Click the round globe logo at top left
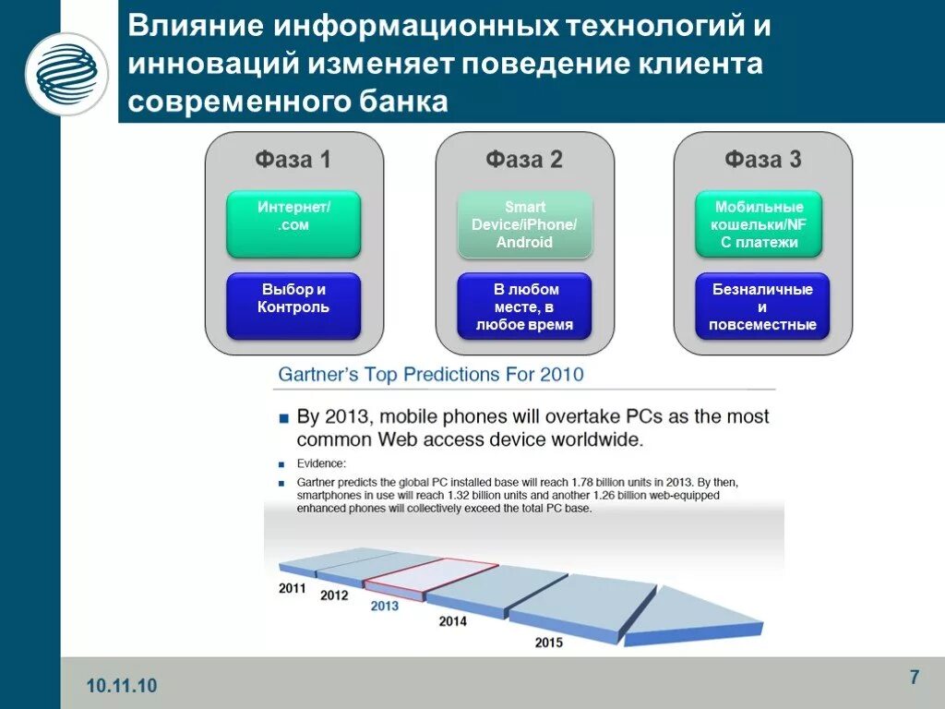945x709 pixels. tap(66, 74)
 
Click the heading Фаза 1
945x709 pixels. tap(293, 160)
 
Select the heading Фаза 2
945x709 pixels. tap(524, 160)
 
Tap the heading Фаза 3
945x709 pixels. tap(762, 160)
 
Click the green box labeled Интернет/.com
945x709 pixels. tap(293, 224)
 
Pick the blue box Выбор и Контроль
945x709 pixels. tap(293, 306)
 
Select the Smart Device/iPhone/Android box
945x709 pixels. tap(524, 224)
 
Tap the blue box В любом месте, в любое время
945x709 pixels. tap(524, 306)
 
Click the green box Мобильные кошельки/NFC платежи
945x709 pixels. tap(759, 224)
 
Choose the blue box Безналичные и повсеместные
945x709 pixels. tap(762, 306)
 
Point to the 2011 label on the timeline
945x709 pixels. tap(293, 587)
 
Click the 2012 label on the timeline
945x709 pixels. tap(334, 595)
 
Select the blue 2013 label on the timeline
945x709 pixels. tap(384, 607)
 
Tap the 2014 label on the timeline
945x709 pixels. tap(452, 621)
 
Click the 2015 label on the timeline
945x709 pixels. tap(548, 642)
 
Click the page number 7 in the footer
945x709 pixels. tap(914, 678)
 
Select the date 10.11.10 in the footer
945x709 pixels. tap(122, 685)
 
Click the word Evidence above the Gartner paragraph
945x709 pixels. tap(321, 463)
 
